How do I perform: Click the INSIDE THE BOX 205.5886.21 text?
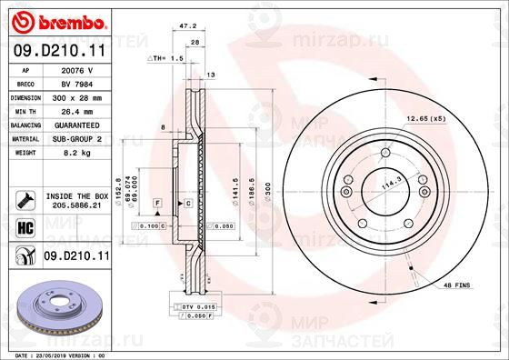tap(75, 200)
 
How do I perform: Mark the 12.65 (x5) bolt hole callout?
tap(427, 118)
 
